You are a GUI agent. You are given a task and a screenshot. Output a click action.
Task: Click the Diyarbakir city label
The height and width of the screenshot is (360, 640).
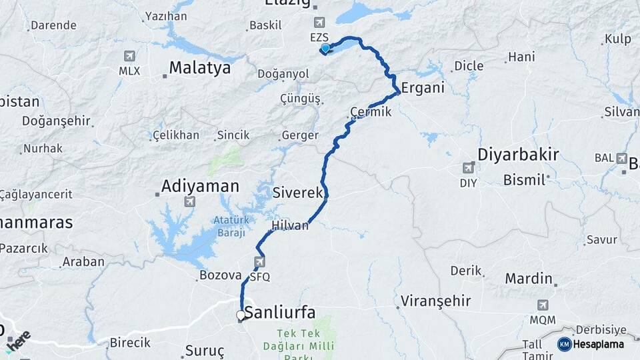[517, 155]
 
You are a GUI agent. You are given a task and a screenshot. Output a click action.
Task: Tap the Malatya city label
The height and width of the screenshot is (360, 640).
[199, 67]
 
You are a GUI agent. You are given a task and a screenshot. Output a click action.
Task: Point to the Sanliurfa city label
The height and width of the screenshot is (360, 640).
[279, 312]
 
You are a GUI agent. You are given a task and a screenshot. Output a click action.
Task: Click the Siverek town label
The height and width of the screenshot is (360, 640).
[297, 193]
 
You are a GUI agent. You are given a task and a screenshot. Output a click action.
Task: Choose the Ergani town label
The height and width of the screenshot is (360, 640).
[422, 88]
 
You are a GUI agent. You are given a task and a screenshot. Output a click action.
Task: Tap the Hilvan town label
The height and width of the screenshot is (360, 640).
[290, 225]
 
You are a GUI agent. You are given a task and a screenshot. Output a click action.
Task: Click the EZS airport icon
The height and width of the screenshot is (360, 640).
[319, 23]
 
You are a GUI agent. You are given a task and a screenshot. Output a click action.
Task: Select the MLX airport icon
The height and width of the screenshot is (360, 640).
[129, 57]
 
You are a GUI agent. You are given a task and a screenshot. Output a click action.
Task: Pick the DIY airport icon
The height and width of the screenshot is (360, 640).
[469, 169]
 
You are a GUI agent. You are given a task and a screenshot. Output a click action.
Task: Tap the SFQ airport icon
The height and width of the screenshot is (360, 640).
[259, 262]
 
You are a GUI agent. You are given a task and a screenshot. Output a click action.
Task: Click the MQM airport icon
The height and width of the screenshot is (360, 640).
[543, 305]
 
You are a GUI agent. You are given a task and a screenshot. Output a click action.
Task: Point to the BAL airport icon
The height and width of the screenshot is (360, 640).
[621, 158]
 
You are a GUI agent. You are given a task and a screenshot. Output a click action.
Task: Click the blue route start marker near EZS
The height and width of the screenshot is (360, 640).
[325, 48]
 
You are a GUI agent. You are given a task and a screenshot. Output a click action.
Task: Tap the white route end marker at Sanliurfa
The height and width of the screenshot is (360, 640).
[241, 315]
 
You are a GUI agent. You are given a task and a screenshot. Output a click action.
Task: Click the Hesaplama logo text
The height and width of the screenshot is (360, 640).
[598, 344]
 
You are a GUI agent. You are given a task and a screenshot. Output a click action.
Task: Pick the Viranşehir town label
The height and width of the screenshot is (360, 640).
[436, 301]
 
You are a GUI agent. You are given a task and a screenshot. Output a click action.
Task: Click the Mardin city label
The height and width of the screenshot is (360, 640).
[529, 278]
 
